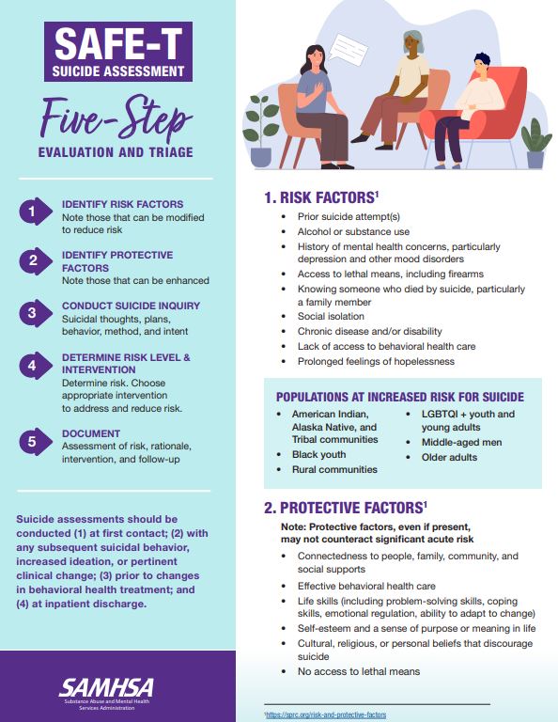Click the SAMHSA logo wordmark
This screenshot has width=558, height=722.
point(106,687)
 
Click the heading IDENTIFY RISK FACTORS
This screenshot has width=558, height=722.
point(122,204)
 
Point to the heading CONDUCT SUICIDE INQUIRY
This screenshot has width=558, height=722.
point(132,306)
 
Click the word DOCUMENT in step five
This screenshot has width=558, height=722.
point(91,433)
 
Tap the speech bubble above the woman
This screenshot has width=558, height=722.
point(348,50)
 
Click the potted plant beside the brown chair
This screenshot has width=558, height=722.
point(261,132)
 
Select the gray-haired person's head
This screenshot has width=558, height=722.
point(413,43)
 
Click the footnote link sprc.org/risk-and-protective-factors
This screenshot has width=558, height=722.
point(326,714)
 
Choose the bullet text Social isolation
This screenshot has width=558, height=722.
point(331,316)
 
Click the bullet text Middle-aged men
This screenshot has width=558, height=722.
point(462,443)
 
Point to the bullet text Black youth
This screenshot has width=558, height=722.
point(318,454)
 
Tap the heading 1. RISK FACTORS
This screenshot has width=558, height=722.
point(321,197)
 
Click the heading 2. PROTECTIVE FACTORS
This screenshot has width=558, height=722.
point(346,508)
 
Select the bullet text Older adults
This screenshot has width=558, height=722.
point(449,457)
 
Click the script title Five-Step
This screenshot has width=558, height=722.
point(116,118)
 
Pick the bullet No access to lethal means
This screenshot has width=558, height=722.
point(359,671)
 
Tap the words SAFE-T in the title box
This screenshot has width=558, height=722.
point(118,44)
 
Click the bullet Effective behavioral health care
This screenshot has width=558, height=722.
point(366,587)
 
